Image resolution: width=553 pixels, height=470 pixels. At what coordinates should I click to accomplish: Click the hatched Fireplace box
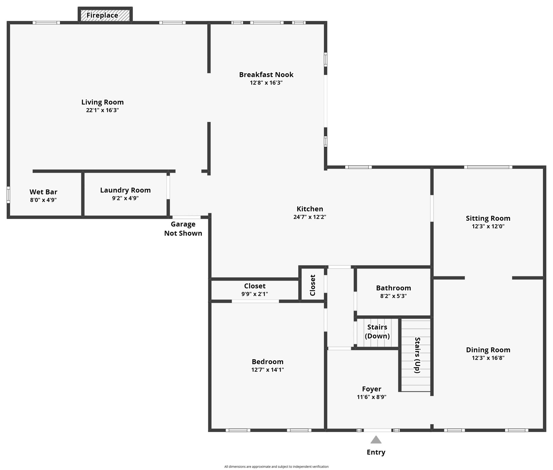click(x=105, y=15)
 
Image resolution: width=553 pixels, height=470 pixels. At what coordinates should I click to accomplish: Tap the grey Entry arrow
click(x=376, y=439)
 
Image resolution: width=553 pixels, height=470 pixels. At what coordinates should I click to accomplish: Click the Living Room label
click(x=102, y=102)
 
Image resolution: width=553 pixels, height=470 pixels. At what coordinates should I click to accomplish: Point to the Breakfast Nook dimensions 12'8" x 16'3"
click(x=266, y=83)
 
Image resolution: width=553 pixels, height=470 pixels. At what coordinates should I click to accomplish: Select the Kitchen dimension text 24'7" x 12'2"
click(x=310, y=217)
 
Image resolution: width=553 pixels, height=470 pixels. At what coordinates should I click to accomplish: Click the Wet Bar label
click(x=43, y=192)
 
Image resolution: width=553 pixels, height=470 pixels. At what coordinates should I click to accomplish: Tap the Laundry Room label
click(x=125, y=190)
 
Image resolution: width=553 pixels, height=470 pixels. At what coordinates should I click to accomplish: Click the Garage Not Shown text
click(x=183, y=229)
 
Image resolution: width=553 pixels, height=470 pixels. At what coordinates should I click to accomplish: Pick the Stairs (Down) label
click(x=377, y=331)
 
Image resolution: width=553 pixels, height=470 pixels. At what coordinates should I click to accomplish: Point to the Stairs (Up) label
click(x=417, y=355)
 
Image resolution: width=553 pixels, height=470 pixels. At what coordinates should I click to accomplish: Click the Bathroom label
click(x=394, y=288)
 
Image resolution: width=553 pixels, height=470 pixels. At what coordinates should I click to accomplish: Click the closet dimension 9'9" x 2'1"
click(x=255, y=294)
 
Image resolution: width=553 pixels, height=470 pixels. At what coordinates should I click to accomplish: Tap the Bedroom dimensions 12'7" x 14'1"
click(x=268, y=370)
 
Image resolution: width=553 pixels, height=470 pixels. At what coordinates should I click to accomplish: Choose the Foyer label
click(x=372, y=389)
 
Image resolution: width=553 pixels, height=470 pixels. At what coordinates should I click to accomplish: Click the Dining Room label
click(x=488, y=350)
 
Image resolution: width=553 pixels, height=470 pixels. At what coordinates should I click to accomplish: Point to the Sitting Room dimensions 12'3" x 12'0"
click(x=488, y=226)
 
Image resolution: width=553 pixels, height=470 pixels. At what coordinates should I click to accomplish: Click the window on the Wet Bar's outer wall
click(x=8, y=195)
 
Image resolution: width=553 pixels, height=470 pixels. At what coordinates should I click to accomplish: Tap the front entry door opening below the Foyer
click(x=377, y=430)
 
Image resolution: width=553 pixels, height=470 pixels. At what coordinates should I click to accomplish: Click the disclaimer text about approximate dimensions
click(x=276, y=467)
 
